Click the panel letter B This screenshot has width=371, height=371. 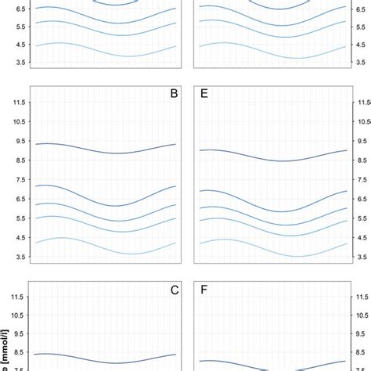[x=174, y=94]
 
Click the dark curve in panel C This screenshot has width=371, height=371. [x=102, y=362]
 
